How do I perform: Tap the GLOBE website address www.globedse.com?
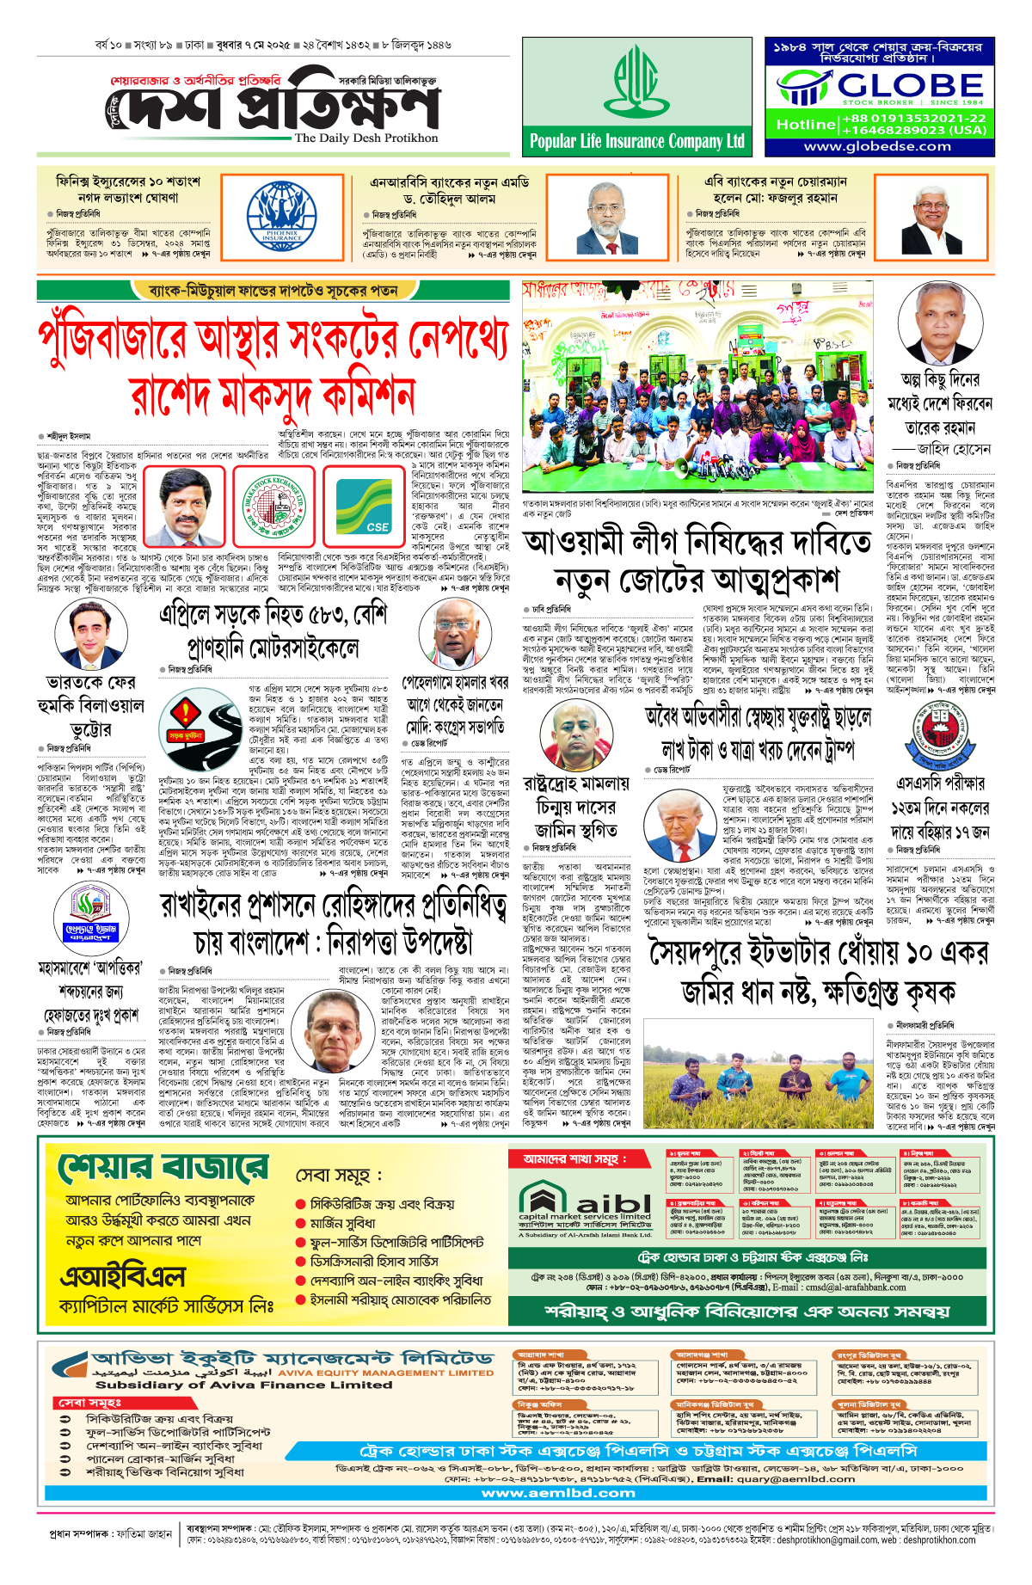coord(879,146)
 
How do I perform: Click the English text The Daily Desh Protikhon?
coord(366,138)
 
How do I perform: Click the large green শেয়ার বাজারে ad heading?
coord(163,1169)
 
